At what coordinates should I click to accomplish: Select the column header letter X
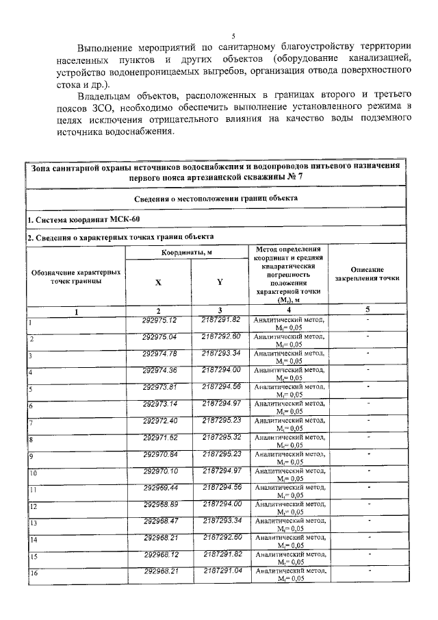159,281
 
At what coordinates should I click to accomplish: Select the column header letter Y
220,281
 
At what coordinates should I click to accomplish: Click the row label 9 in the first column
31,456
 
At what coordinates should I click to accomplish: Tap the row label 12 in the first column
32,507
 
